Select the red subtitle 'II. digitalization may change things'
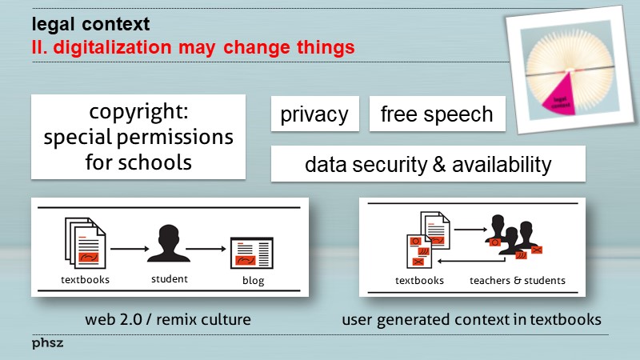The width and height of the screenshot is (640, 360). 188,46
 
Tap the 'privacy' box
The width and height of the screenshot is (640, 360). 314,114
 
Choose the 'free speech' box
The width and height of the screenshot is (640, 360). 437,114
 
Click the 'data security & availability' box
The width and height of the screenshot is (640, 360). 428,164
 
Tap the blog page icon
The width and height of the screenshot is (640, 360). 251,253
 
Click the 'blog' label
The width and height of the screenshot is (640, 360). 253,281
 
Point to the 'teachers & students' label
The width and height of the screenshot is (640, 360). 517,281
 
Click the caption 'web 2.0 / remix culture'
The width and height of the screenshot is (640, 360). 168,320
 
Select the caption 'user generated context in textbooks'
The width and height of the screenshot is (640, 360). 472,320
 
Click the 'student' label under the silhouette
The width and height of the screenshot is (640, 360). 169,279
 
